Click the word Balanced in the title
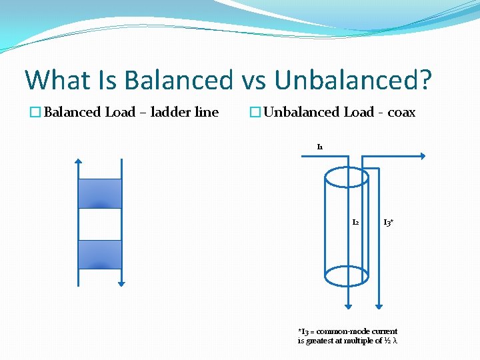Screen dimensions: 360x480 [177, 80]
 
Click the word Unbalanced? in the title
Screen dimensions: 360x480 [353, 80]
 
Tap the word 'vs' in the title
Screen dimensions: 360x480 [253, 81]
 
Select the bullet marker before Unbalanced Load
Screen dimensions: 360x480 [255, 113]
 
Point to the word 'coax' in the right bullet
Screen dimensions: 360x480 [401, 113]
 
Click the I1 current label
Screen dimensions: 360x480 [320, 147]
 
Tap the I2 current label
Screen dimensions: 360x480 [355, 221]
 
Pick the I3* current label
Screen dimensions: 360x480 [388, 222]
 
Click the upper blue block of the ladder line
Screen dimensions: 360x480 [100, 193]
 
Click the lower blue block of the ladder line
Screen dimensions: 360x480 [100, 255]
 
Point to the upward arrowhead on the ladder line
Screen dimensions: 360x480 [78, 162]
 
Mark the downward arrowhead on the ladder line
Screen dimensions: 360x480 [121, 283]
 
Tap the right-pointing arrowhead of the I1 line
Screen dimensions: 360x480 [422, 157]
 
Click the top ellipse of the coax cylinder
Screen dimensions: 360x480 [346, 177]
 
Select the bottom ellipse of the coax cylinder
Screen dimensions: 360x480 [346, 274]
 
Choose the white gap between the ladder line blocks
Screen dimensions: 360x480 [100, 224]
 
